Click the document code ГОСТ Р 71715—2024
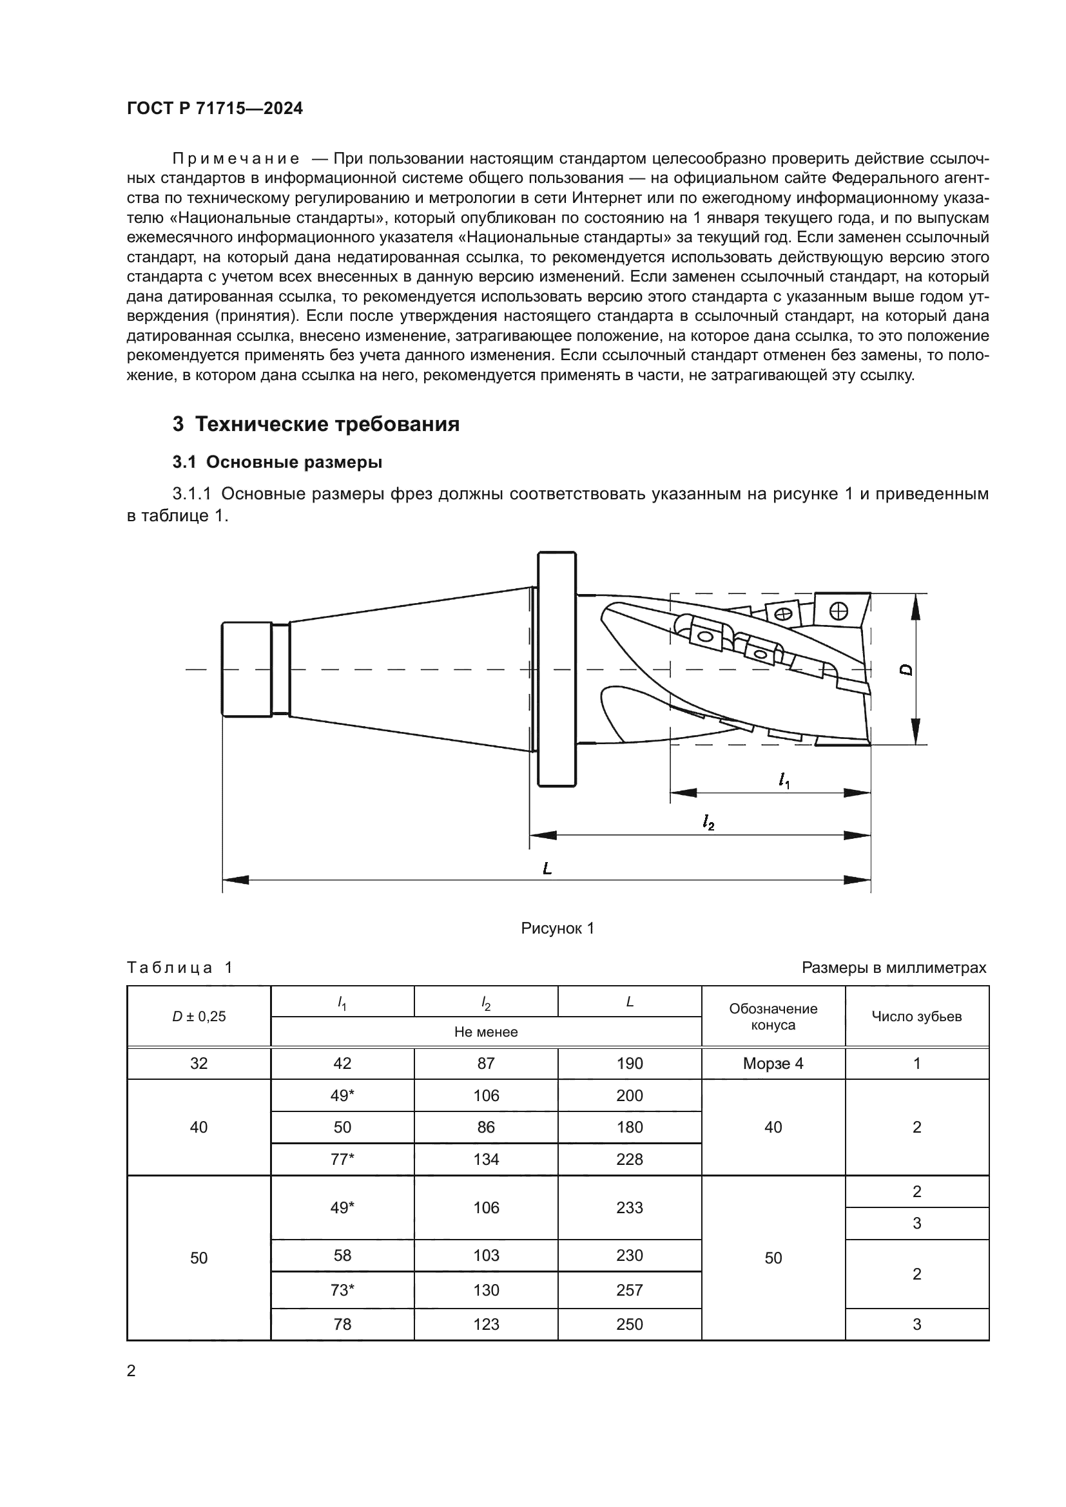point(215,109)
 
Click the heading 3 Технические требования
point(316,425)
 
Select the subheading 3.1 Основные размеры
point(277,462)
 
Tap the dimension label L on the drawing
point(547,869)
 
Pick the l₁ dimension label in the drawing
point(784,780)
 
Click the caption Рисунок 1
point(557,928)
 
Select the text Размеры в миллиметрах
point(893,968)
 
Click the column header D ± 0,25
point(199,1017)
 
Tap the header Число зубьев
point(916,1017)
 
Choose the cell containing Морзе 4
point(773,1063)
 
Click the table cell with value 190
point(630,1063)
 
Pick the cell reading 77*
point(342,1159)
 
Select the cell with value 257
point(630,1290)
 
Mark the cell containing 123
point(486,1324)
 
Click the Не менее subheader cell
point(486,1032)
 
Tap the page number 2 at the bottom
point(131,1370)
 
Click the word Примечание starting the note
point(236,159)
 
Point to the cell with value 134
point(486,1159)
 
